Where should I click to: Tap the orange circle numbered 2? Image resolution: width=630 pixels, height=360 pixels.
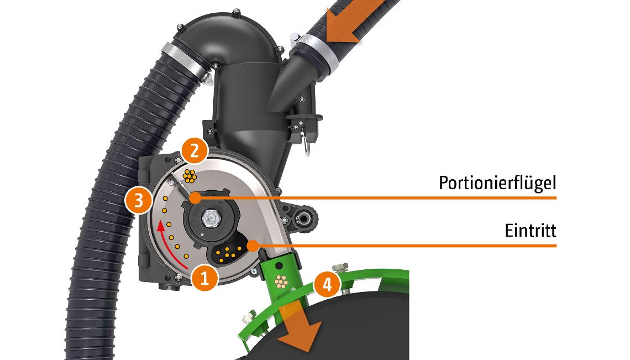click(195, 152)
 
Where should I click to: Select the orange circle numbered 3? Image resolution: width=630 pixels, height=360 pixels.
click(139, 200)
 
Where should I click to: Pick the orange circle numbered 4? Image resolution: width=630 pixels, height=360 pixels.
click(328, 285)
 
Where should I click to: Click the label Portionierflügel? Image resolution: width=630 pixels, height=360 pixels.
click(497, 183)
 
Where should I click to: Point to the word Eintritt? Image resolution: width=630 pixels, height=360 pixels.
click(531, 231)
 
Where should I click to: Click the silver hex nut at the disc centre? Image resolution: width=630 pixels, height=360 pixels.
click(210, 218)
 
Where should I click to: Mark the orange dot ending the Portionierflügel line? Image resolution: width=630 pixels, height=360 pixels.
click(195, 198)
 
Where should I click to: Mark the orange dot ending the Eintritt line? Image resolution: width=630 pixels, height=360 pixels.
click(253, 246)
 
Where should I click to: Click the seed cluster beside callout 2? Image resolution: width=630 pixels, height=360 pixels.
click(189, 176)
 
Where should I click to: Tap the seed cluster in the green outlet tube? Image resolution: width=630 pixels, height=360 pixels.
click(281, 283)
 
